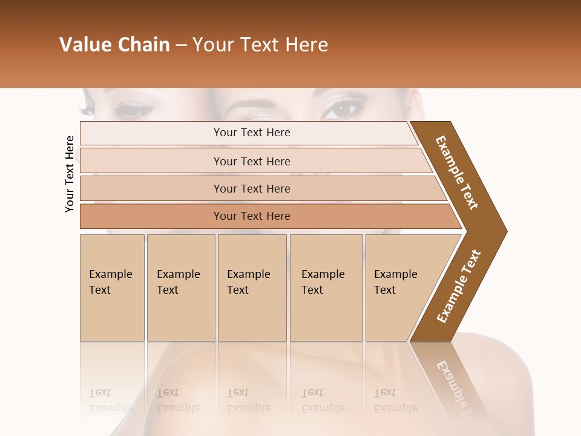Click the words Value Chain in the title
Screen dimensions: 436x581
tap(114, 45)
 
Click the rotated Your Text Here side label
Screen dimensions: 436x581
tap(70, 174)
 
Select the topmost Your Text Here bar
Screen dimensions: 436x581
tap(251, 133)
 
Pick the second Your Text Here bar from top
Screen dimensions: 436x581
tap(251, 161)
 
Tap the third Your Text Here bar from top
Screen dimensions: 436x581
tap(251, 188)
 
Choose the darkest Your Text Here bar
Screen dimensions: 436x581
tap(251, 216)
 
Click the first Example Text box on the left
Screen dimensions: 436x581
tap(112, 287)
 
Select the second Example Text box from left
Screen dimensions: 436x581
tap(180, 287)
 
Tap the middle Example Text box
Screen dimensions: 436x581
tap(252, 287)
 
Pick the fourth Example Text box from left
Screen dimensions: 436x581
tap(326, 287)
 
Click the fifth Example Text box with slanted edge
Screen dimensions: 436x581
tap(399, 287)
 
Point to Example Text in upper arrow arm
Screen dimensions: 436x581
tap(457, 173)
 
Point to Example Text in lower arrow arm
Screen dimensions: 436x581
tap(459, 286)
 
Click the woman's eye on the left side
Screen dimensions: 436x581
tap(131, 110)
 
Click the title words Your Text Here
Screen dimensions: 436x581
tap(260, 45)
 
